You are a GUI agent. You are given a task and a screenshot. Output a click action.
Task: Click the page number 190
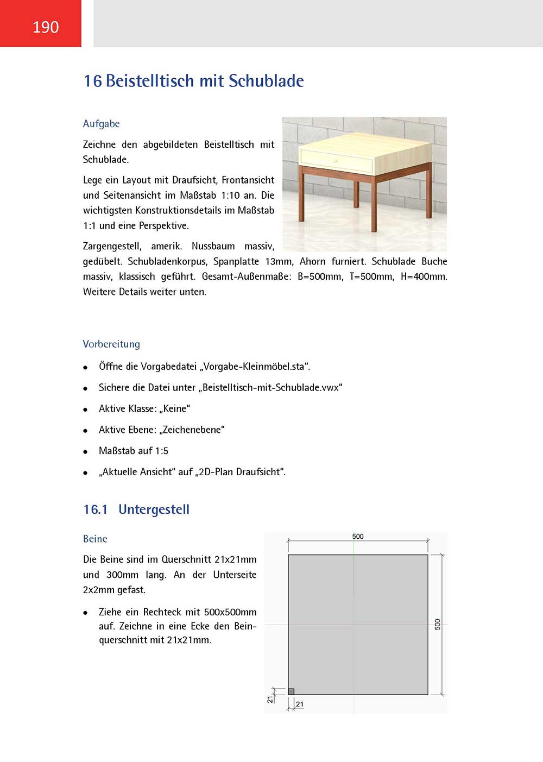[x=46, y=27]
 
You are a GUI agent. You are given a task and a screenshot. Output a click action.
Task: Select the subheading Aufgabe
[x=101, y=124]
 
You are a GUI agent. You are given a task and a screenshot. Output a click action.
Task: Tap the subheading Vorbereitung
[x=111, y=344]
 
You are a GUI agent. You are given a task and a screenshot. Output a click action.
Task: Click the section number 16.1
[x=96, y=509]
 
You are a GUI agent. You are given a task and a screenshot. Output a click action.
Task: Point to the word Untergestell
[x=154, y=509]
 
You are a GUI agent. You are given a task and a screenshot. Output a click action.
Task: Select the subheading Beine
[x=95, y=539]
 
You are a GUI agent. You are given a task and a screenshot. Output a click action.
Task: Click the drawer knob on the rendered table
[x=336, y=161]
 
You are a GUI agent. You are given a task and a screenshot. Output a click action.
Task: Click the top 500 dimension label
[x=358, y=537]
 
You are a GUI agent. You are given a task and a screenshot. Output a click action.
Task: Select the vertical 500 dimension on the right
[x=438, y=624]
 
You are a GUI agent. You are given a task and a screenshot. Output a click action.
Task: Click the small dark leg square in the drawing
[x=291, y=691]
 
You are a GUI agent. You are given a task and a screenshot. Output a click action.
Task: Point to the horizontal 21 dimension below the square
[x=300, y=704]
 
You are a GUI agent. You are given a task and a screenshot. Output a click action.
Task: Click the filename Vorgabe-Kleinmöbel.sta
[x=254, y=367]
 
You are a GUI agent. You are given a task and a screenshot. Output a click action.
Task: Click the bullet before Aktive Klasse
[x=85, y=410]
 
